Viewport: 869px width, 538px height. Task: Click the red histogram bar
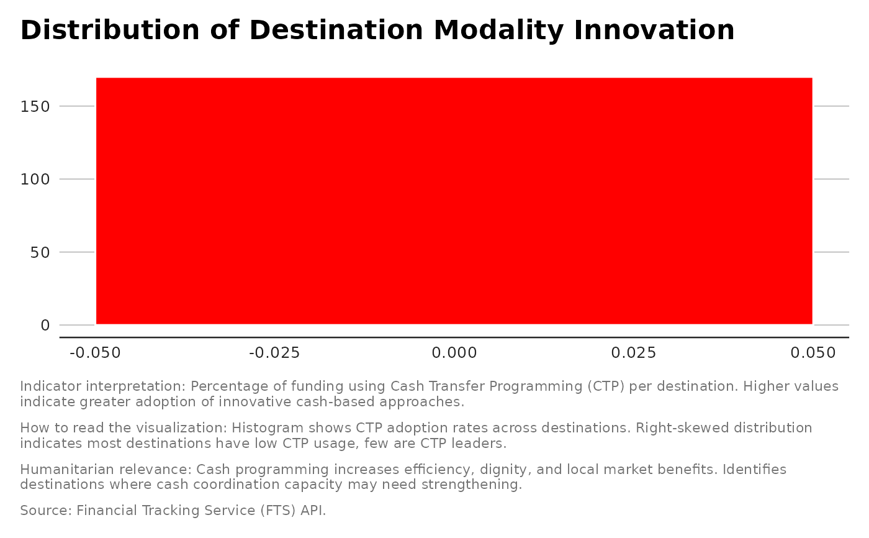click(454, 201)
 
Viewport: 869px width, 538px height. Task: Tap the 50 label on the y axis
click(40, 252)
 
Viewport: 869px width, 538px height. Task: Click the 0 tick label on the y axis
click(45, 326)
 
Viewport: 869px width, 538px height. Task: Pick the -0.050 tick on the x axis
click(96, 353)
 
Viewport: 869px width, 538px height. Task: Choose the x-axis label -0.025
click(274, 353)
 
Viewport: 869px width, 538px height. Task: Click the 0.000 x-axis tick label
click(454, 353)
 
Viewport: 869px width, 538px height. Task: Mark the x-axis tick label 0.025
click(633, 353)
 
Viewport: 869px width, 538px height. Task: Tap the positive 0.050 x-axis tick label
click(813, 353)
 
